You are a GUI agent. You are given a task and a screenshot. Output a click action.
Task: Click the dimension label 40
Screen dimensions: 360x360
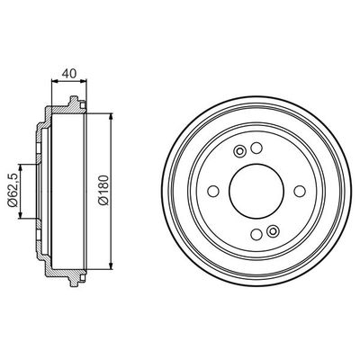coord(69,74)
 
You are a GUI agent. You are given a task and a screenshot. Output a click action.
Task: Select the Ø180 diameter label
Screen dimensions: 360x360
coord(103,190)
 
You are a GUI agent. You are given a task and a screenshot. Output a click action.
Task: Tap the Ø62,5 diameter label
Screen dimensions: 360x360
coord(13,190)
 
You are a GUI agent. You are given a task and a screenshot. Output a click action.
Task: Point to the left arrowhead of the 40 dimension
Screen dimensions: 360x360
coord(55,80)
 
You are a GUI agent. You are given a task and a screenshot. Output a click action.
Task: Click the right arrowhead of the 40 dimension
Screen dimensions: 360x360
coord(84,80)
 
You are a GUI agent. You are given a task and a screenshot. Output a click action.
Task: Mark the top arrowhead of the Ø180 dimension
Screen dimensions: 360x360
coord(112,117)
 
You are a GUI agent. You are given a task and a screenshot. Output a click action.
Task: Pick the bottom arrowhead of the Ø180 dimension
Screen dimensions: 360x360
coord(112,265)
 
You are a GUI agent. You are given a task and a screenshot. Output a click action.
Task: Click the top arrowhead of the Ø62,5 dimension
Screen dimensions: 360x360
coord(21,167)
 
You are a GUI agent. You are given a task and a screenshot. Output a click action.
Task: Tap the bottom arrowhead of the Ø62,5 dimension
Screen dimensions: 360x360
coord(21,215)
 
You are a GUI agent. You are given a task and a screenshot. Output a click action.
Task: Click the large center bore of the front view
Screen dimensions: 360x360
coord(256,191)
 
